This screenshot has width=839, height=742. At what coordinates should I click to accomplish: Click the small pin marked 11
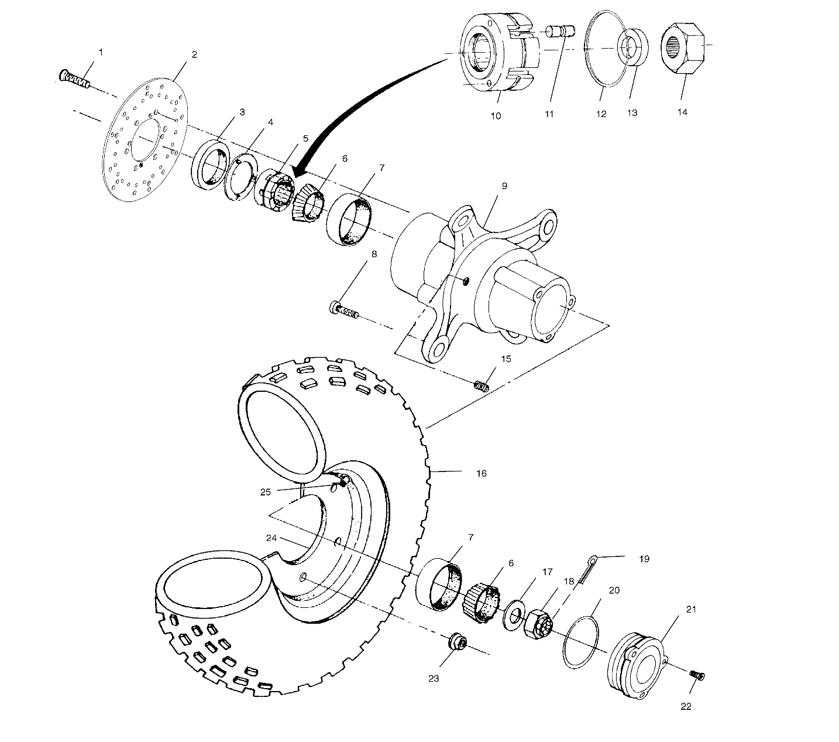tap(561, 31)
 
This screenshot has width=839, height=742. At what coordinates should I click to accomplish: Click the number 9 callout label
tap(504, 186)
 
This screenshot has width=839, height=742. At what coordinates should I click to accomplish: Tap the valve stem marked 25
tap(343, 482)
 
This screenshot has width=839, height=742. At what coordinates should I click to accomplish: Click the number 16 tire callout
tap(481, 473)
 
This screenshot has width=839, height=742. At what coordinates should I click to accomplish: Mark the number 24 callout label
tap(270, 538)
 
